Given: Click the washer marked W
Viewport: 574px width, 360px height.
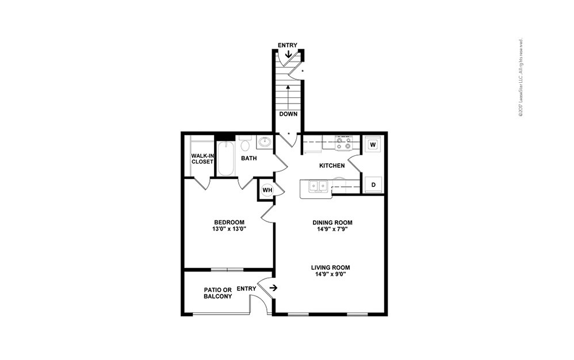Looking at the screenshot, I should point(372,144).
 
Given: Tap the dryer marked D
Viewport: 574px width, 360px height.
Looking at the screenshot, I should point(373,185).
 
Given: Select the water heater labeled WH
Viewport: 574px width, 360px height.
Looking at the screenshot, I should point(267,190).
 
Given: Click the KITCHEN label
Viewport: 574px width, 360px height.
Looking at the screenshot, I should point(332,166).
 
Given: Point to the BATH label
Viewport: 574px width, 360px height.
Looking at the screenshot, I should point(249,158).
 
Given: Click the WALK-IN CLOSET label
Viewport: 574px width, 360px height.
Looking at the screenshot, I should point(202,159).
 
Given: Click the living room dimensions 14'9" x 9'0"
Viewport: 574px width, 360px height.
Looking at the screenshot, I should point(330,274).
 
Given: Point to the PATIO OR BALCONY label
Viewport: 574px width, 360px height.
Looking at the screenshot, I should point(218,293).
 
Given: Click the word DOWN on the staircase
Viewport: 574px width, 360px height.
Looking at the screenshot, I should point(288,114).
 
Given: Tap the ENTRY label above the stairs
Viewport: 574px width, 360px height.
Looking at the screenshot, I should point(288,45).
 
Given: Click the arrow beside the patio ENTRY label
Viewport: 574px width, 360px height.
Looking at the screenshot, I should point(273,288).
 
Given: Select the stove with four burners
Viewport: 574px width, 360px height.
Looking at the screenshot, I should point(344,143).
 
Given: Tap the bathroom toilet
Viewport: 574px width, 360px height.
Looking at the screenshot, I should point(246,143).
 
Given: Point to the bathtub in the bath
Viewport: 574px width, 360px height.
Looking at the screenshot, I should point(224,158).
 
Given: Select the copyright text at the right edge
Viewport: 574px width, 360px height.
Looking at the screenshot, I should point(520,78).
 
